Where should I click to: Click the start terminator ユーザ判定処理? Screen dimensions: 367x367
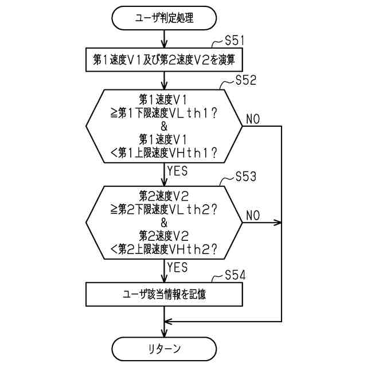(164, 18)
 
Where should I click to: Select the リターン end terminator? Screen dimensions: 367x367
(164, 348)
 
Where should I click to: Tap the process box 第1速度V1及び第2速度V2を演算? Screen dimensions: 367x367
(164, 59)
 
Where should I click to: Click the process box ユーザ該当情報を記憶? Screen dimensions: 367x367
(164, 295)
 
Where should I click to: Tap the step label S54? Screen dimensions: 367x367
(235, 275)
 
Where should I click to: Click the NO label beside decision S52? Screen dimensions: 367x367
(253, 119)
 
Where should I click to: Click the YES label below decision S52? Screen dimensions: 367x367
(177, 170)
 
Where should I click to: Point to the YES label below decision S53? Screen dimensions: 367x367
(177, 267)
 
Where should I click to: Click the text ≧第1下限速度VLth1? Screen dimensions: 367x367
(164, 113)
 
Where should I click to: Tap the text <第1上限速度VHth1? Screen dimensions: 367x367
(164, 153)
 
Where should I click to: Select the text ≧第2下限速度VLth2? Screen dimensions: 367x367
(164, 209)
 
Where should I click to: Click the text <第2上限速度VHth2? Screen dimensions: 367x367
(164, 249)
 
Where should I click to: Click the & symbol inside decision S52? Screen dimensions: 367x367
(164, 126)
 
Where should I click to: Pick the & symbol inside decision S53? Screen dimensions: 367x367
(164, 222)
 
